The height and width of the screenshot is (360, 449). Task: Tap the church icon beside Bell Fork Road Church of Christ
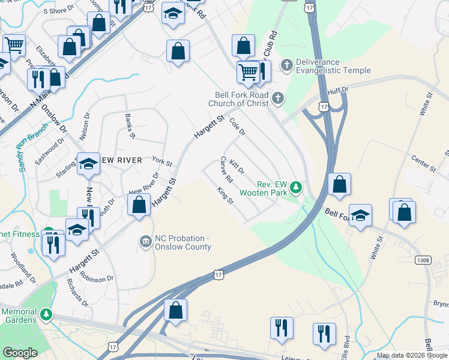(277, 98)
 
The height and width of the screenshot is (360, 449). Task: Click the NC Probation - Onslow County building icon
(146, 242)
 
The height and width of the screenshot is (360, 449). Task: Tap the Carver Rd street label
(226, 170)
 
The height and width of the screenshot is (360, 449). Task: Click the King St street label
(224, 194)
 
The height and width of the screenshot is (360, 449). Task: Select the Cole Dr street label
(238, 125)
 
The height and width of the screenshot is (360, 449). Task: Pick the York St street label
(162, 162)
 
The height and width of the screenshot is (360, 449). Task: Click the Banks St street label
(130, 125)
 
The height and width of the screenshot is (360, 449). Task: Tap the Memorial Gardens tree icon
(46, 316)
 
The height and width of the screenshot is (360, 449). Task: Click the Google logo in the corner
(20, 353)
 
